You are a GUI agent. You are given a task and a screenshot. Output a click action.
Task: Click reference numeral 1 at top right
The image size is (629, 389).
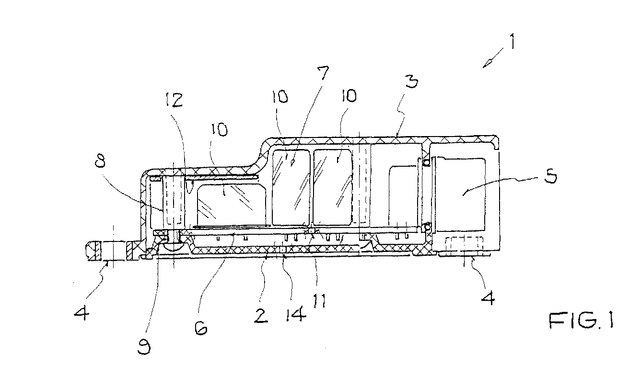[x=513, y=41]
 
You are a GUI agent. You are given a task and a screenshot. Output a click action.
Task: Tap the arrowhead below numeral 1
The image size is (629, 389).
[x=487, y=63]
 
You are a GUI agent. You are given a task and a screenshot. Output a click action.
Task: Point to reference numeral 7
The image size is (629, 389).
[x=323, y=73]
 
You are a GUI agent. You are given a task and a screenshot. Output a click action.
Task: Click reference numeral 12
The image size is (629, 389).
[x=174, y=100]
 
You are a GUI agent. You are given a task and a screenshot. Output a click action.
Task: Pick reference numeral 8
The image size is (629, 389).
[x=100, y=161]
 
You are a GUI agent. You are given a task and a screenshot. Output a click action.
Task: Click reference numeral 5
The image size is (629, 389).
[x=550, y=176]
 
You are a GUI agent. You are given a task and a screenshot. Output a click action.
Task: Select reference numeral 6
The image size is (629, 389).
[x=201, y=327]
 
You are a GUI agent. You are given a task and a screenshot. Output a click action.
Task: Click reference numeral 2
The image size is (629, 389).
[x=261, y=316]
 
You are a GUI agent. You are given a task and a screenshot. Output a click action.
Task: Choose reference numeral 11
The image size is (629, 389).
[x=319, y=300]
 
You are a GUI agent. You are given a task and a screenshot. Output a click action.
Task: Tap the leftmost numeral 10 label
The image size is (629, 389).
[x=219, y=130]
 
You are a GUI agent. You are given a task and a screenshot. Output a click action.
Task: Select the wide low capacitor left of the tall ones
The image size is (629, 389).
[x=232, y=205]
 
